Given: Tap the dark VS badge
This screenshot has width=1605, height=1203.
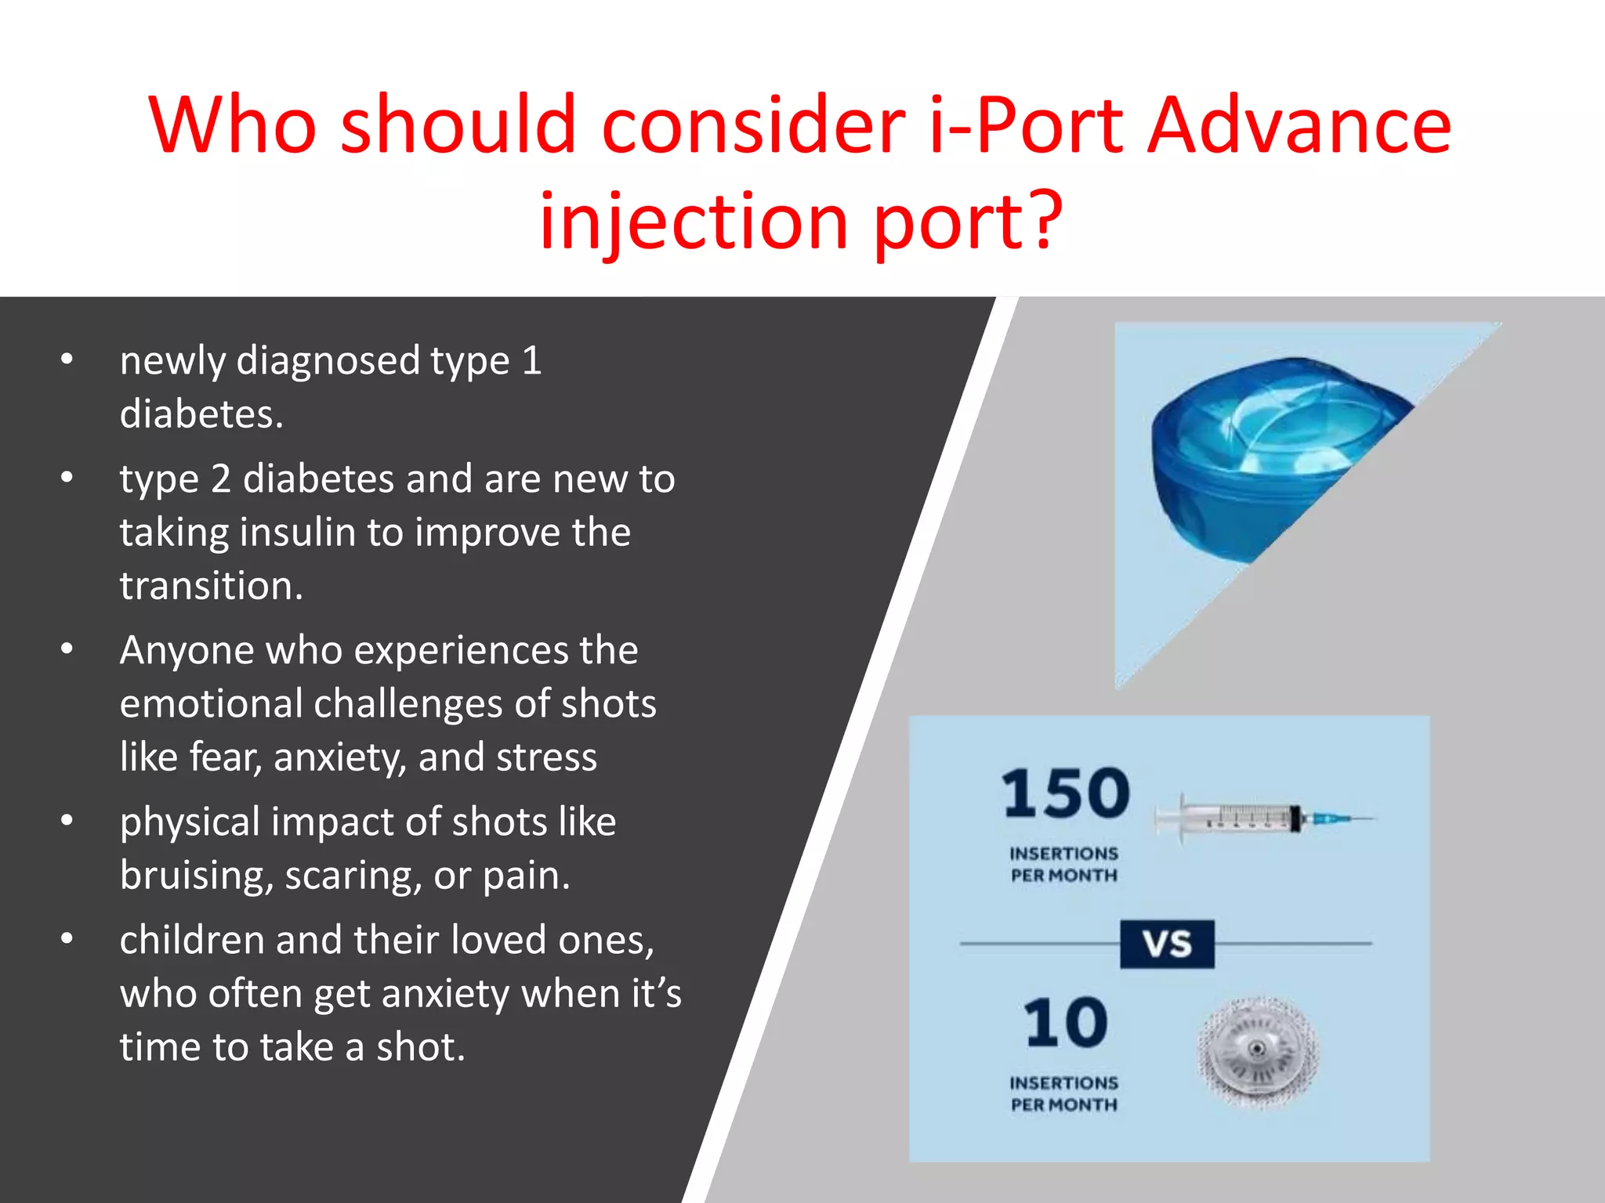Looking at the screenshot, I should point(1167,944).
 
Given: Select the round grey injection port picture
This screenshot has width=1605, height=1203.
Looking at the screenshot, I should point(1258,1052).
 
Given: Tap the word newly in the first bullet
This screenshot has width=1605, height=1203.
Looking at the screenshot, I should point(172,362).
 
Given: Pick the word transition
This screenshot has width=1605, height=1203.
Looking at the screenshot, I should point(210,586).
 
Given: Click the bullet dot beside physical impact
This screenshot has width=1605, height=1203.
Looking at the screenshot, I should point(67,821).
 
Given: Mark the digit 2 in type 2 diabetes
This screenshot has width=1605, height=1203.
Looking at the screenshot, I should point(220,479).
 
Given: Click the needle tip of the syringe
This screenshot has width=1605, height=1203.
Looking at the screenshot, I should point(1371,819).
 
